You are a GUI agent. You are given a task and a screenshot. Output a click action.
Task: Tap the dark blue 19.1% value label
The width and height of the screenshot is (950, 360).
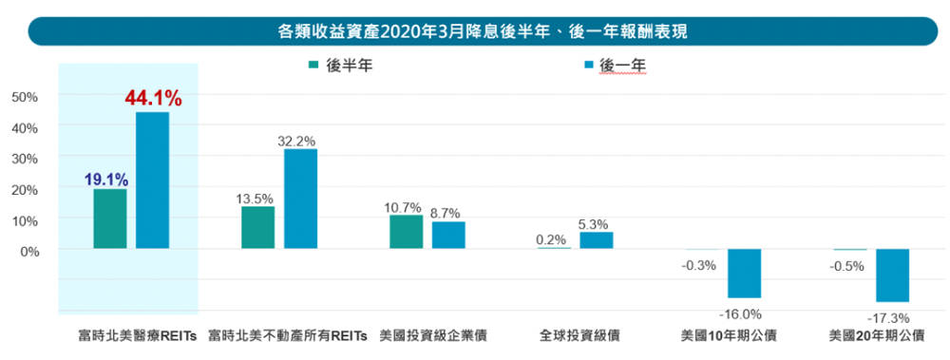pos(105,178)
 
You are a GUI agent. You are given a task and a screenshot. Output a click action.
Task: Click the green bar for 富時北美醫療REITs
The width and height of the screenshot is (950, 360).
pos(110,218)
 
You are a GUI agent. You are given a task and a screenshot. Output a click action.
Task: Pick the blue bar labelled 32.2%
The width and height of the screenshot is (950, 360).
pos(301,199)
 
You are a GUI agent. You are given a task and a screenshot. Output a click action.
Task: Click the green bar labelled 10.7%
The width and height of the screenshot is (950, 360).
pos(406,232)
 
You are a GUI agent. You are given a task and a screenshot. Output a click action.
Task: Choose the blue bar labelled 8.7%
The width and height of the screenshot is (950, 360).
pos(448,235)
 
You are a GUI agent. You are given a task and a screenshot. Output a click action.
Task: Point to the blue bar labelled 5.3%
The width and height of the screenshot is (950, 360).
pos(597,240)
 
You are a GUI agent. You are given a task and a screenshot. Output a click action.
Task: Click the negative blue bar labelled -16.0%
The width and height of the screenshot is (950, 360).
pos(745,274)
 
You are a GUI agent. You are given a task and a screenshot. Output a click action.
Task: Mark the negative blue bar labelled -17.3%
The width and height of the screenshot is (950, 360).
pos(892,275)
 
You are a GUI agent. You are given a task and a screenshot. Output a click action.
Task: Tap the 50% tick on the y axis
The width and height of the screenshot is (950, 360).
pos(25,96)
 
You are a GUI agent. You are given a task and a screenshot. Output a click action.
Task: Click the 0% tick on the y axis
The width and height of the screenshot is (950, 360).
pos(28,251)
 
